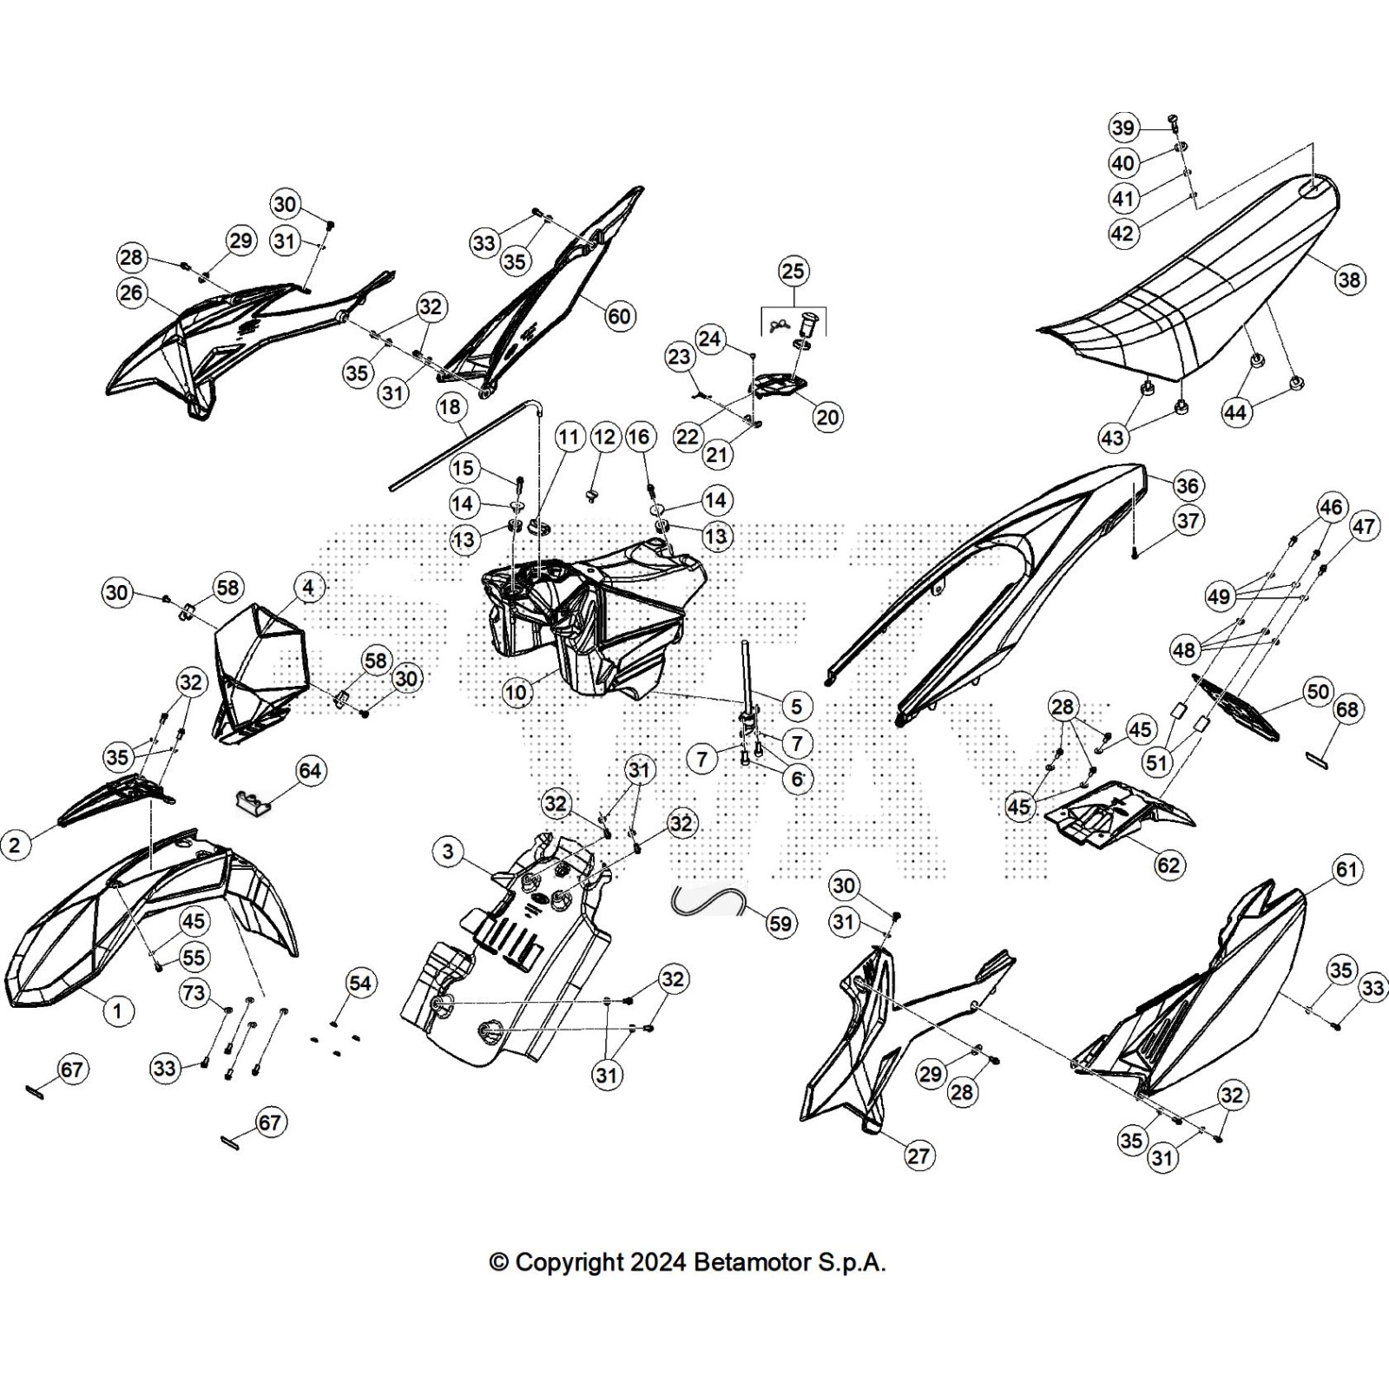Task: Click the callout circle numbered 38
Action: (1349, 280)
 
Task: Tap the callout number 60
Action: (619, 316)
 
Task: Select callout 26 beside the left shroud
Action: (131, 293)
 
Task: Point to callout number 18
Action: (450, 407)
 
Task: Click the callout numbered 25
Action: (793, 271)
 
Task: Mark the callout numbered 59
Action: (780, 924)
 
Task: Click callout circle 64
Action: (310, 771)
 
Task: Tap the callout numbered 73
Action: (194, 991)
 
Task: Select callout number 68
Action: (1346, 709)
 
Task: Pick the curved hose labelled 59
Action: (708, 902)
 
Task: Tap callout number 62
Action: (1168, 864)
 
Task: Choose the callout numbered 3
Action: (447, 852)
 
